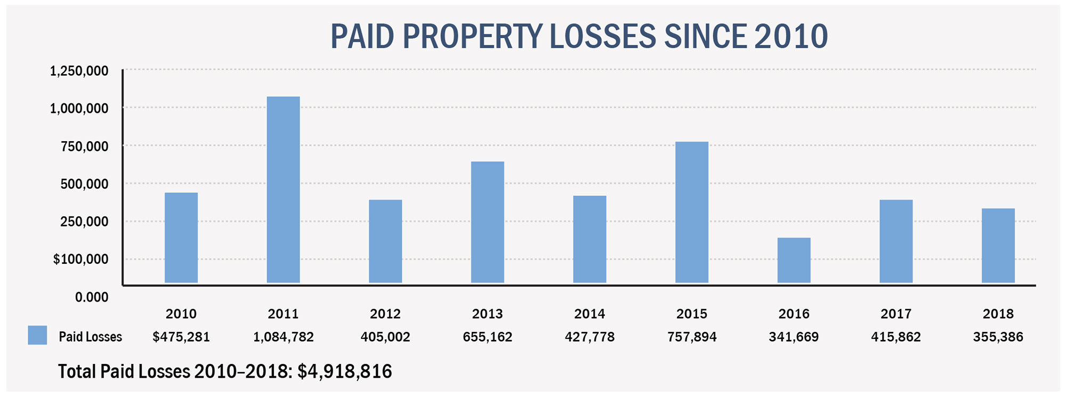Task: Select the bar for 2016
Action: tap(794, 260)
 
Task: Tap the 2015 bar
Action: tap(691, 212)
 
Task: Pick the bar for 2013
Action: tap(487, 222)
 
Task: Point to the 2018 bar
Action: tap(998, 245)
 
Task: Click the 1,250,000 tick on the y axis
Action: tap(79, 71)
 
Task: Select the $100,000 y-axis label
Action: tap(80, 260)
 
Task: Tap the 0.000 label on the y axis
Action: tap(91, 297)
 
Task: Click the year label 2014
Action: tap(589, 314)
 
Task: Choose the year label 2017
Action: tap(896, 314)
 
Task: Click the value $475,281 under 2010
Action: tap(181, 337)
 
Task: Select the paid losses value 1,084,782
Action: tap(283, 337)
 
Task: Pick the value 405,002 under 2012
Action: tap(385, 337)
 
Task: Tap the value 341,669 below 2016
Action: tap(794, 337)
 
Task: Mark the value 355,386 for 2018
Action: tap(998, 337)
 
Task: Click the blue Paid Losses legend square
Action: tap(37, 335)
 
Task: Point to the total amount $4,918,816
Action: tap(344, 371)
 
